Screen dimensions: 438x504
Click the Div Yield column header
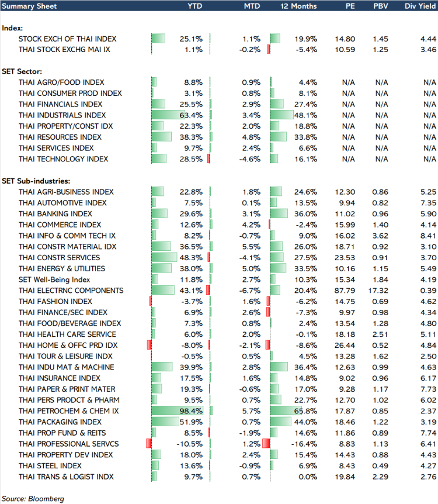pyautogui.click(x=420, y=6)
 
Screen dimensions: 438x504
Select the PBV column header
pyautogui.click(x=381, y=6)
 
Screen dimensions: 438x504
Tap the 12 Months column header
pyautogui.click(x=298, y=6)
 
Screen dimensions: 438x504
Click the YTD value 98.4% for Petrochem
pyautogui.click(x=191, y=411)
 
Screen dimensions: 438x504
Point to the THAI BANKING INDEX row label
pyautogui.click(x=55, y=214)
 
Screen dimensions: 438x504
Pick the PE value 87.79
pyautogui.click(x=345, y=291)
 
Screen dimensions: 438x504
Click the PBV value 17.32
pyautogui.click(x=378, y=291)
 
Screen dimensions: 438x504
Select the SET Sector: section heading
pyautogui.click(x=22, y=71)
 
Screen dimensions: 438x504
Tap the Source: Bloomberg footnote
pyautogui.click(x=33, y=499)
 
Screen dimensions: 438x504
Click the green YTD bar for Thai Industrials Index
pyautogui.click(x=168, y=115)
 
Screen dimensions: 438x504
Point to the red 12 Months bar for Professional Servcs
pyautogui.click(x=266, y=444)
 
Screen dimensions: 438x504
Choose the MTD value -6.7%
pyautogui.click(x=250, y=291)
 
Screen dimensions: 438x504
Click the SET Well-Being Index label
pyautogui.click(x=54, y=279)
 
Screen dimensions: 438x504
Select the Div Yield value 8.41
pyautogui.click(x=429, y=236)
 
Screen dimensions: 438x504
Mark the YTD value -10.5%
pyautogui.click(x=189, y=444)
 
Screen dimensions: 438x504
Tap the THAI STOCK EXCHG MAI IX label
pyautogui.click(x=64, y=50)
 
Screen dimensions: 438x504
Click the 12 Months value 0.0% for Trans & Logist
pyautogui.click(x=308, y=477)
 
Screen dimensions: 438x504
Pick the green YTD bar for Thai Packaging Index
pyautogui.click(x=165, y=422)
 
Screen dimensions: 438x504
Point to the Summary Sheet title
pyautogui.click(x=29, y=6)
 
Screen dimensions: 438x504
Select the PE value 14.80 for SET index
pyautogui.click(x=345, y=39)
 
